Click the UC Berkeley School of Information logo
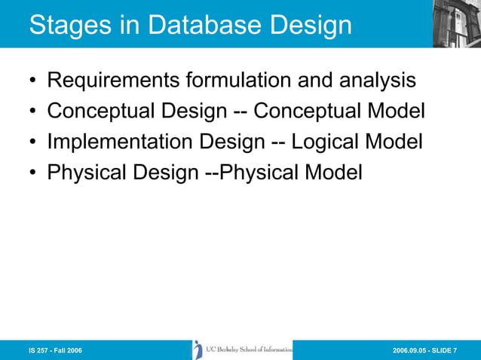click(x=242, y=349)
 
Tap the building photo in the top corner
click(x=457, y=23)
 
